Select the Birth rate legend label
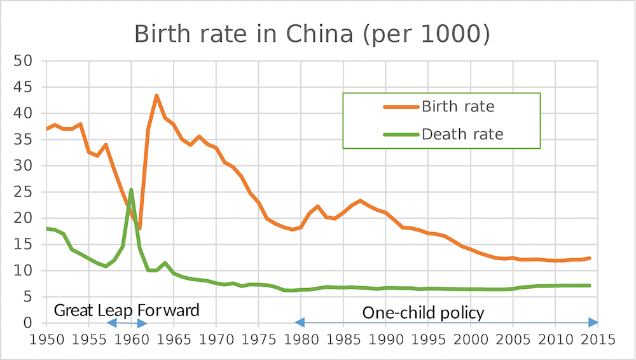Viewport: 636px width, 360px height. click(x=457, y=106)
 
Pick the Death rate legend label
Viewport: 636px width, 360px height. click(x=462, y=134)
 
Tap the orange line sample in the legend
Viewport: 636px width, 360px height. click(x=401, y=107)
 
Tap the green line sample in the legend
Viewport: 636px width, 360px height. click(x=401, y=135)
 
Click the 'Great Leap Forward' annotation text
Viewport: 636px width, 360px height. click(x=127, y=310)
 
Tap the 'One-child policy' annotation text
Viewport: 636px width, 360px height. click(x=423, y=312)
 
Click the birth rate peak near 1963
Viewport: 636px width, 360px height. click(x=156, y=96)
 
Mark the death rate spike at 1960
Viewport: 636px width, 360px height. click(x=131, y=190)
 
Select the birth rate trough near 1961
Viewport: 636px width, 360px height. click(x=139, y=228)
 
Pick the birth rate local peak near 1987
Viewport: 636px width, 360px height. click(x=361, y=201)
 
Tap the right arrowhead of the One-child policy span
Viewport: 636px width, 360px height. click(x=594, y=322)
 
